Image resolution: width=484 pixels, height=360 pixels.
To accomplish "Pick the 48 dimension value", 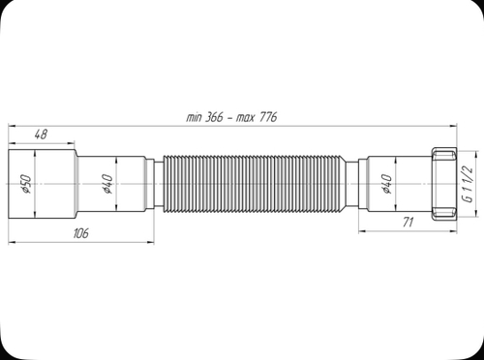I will click(x=43, y=134).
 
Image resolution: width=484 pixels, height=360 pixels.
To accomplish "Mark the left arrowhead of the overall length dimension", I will click(x=14, y=126).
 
